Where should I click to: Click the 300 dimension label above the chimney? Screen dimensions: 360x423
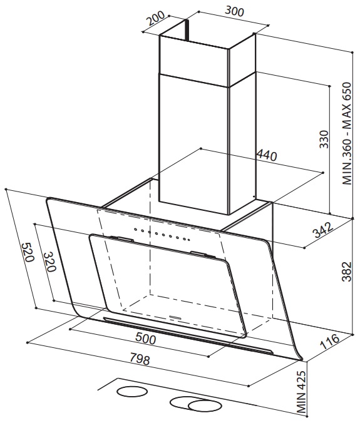(234, 11)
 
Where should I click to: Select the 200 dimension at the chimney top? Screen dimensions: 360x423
(155, 18)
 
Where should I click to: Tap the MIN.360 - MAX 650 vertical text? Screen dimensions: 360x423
(347, 133)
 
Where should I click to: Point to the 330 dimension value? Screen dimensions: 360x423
(324, 139)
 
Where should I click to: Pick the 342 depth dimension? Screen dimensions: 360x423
(323, 230)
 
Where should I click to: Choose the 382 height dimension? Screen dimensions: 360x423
(347, 272)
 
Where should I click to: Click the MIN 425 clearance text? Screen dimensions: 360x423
(301, 393)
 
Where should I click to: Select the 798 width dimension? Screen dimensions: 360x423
(140, 359)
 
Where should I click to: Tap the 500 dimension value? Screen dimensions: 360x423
(145, 338)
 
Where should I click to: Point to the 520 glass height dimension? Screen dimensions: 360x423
(28, 252)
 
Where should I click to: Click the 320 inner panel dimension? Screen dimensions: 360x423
(50, 262)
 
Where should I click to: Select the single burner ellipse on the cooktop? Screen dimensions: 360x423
(132, 391)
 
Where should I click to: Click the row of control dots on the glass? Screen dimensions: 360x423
(162, 234)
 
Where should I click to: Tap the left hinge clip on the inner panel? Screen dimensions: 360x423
(121, 238)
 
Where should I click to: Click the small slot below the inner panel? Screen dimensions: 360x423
(175, 317)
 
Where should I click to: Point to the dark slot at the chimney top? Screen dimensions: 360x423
(186, 31)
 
